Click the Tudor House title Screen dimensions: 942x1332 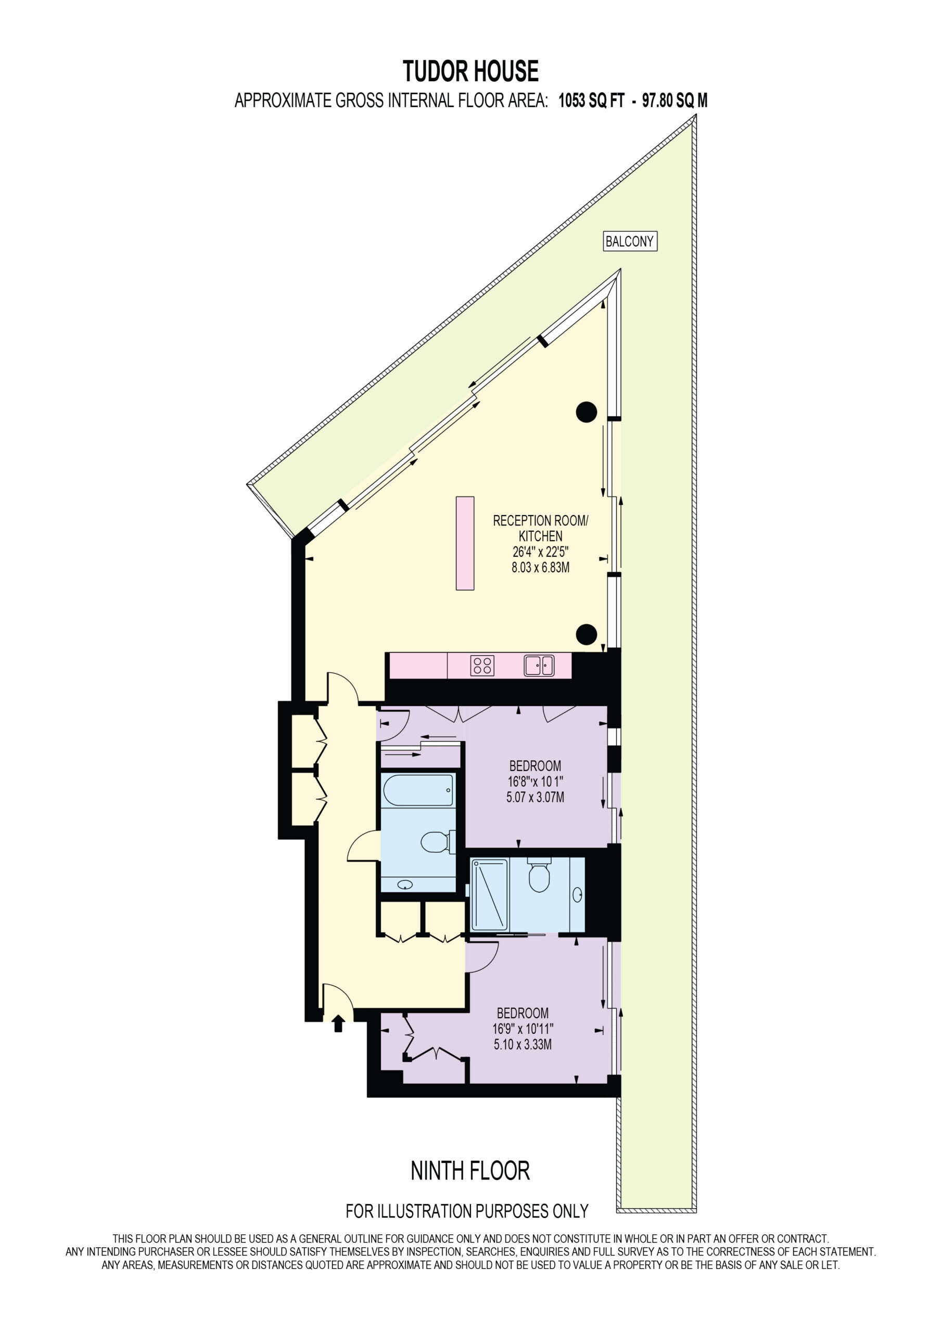coord(470,71)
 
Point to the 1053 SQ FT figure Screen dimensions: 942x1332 coord(591,101)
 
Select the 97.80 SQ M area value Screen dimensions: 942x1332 coord(674,101)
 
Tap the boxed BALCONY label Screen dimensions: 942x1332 coord(630,241)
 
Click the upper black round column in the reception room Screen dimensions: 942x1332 coord(586,412)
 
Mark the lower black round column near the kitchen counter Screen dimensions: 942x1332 coord(586,634)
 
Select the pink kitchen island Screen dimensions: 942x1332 coord(465,543)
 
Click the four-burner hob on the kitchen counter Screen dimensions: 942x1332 coord(482,665)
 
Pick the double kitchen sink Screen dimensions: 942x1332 coord(539,665)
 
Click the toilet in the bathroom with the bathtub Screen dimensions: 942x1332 coord(437,842)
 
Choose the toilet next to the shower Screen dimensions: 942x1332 coord(539,876)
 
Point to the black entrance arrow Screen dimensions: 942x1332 coord(338,1024)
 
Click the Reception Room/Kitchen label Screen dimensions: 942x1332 coord(540,529)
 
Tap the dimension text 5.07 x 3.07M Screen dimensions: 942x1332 coord(535,797)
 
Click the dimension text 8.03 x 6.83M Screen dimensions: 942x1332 coord(540,567)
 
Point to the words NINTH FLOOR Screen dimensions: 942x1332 coord(470,1171)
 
